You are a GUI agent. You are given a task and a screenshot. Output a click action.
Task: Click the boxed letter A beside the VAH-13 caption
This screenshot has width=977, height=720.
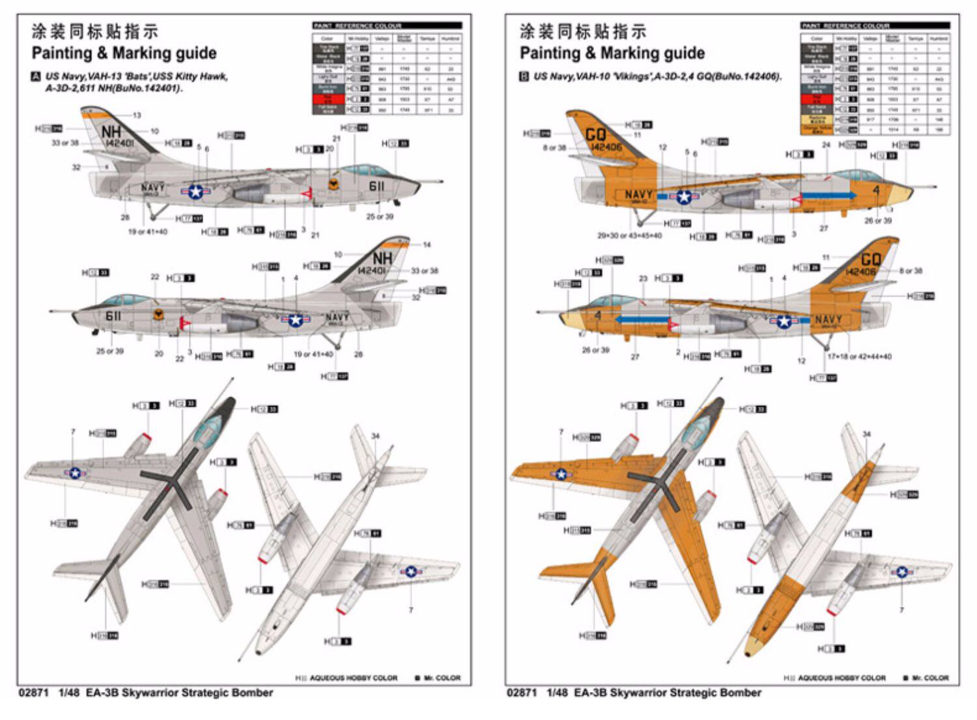pyautogui.click(x=36, y=76)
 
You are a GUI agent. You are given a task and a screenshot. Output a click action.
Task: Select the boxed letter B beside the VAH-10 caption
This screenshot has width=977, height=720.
pyautogui.click(x=524, y=76)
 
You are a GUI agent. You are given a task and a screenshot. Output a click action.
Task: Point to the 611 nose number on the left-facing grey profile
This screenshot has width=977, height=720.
pyautogui.click(x=113, y=316)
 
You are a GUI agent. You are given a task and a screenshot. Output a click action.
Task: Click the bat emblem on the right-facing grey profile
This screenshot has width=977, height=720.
pyautogui.click(x=333, y=184)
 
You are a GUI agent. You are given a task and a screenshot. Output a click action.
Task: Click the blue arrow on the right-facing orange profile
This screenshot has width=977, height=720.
pyautogui.click(x=828, y=195)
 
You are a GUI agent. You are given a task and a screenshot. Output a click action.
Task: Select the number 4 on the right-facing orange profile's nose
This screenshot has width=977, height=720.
pyautogui.click(x=876, y=190)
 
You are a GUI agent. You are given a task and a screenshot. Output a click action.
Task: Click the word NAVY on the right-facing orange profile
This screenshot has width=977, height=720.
pyautogui.click(x=638, y=194)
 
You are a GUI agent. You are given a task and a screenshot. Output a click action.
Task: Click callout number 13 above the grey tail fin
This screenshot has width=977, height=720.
pyautogui.click(x=137, y=115)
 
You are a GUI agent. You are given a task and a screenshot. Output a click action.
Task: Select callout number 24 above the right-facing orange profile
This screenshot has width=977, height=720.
pyautogui.click(x=826, y=145)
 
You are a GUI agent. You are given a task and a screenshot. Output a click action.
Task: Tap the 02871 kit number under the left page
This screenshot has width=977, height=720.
pyautogui.click(x=34, y=693)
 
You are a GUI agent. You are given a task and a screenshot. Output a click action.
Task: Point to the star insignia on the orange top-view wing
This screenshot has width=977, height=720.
pyautogui.click(x=561, y=474)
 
